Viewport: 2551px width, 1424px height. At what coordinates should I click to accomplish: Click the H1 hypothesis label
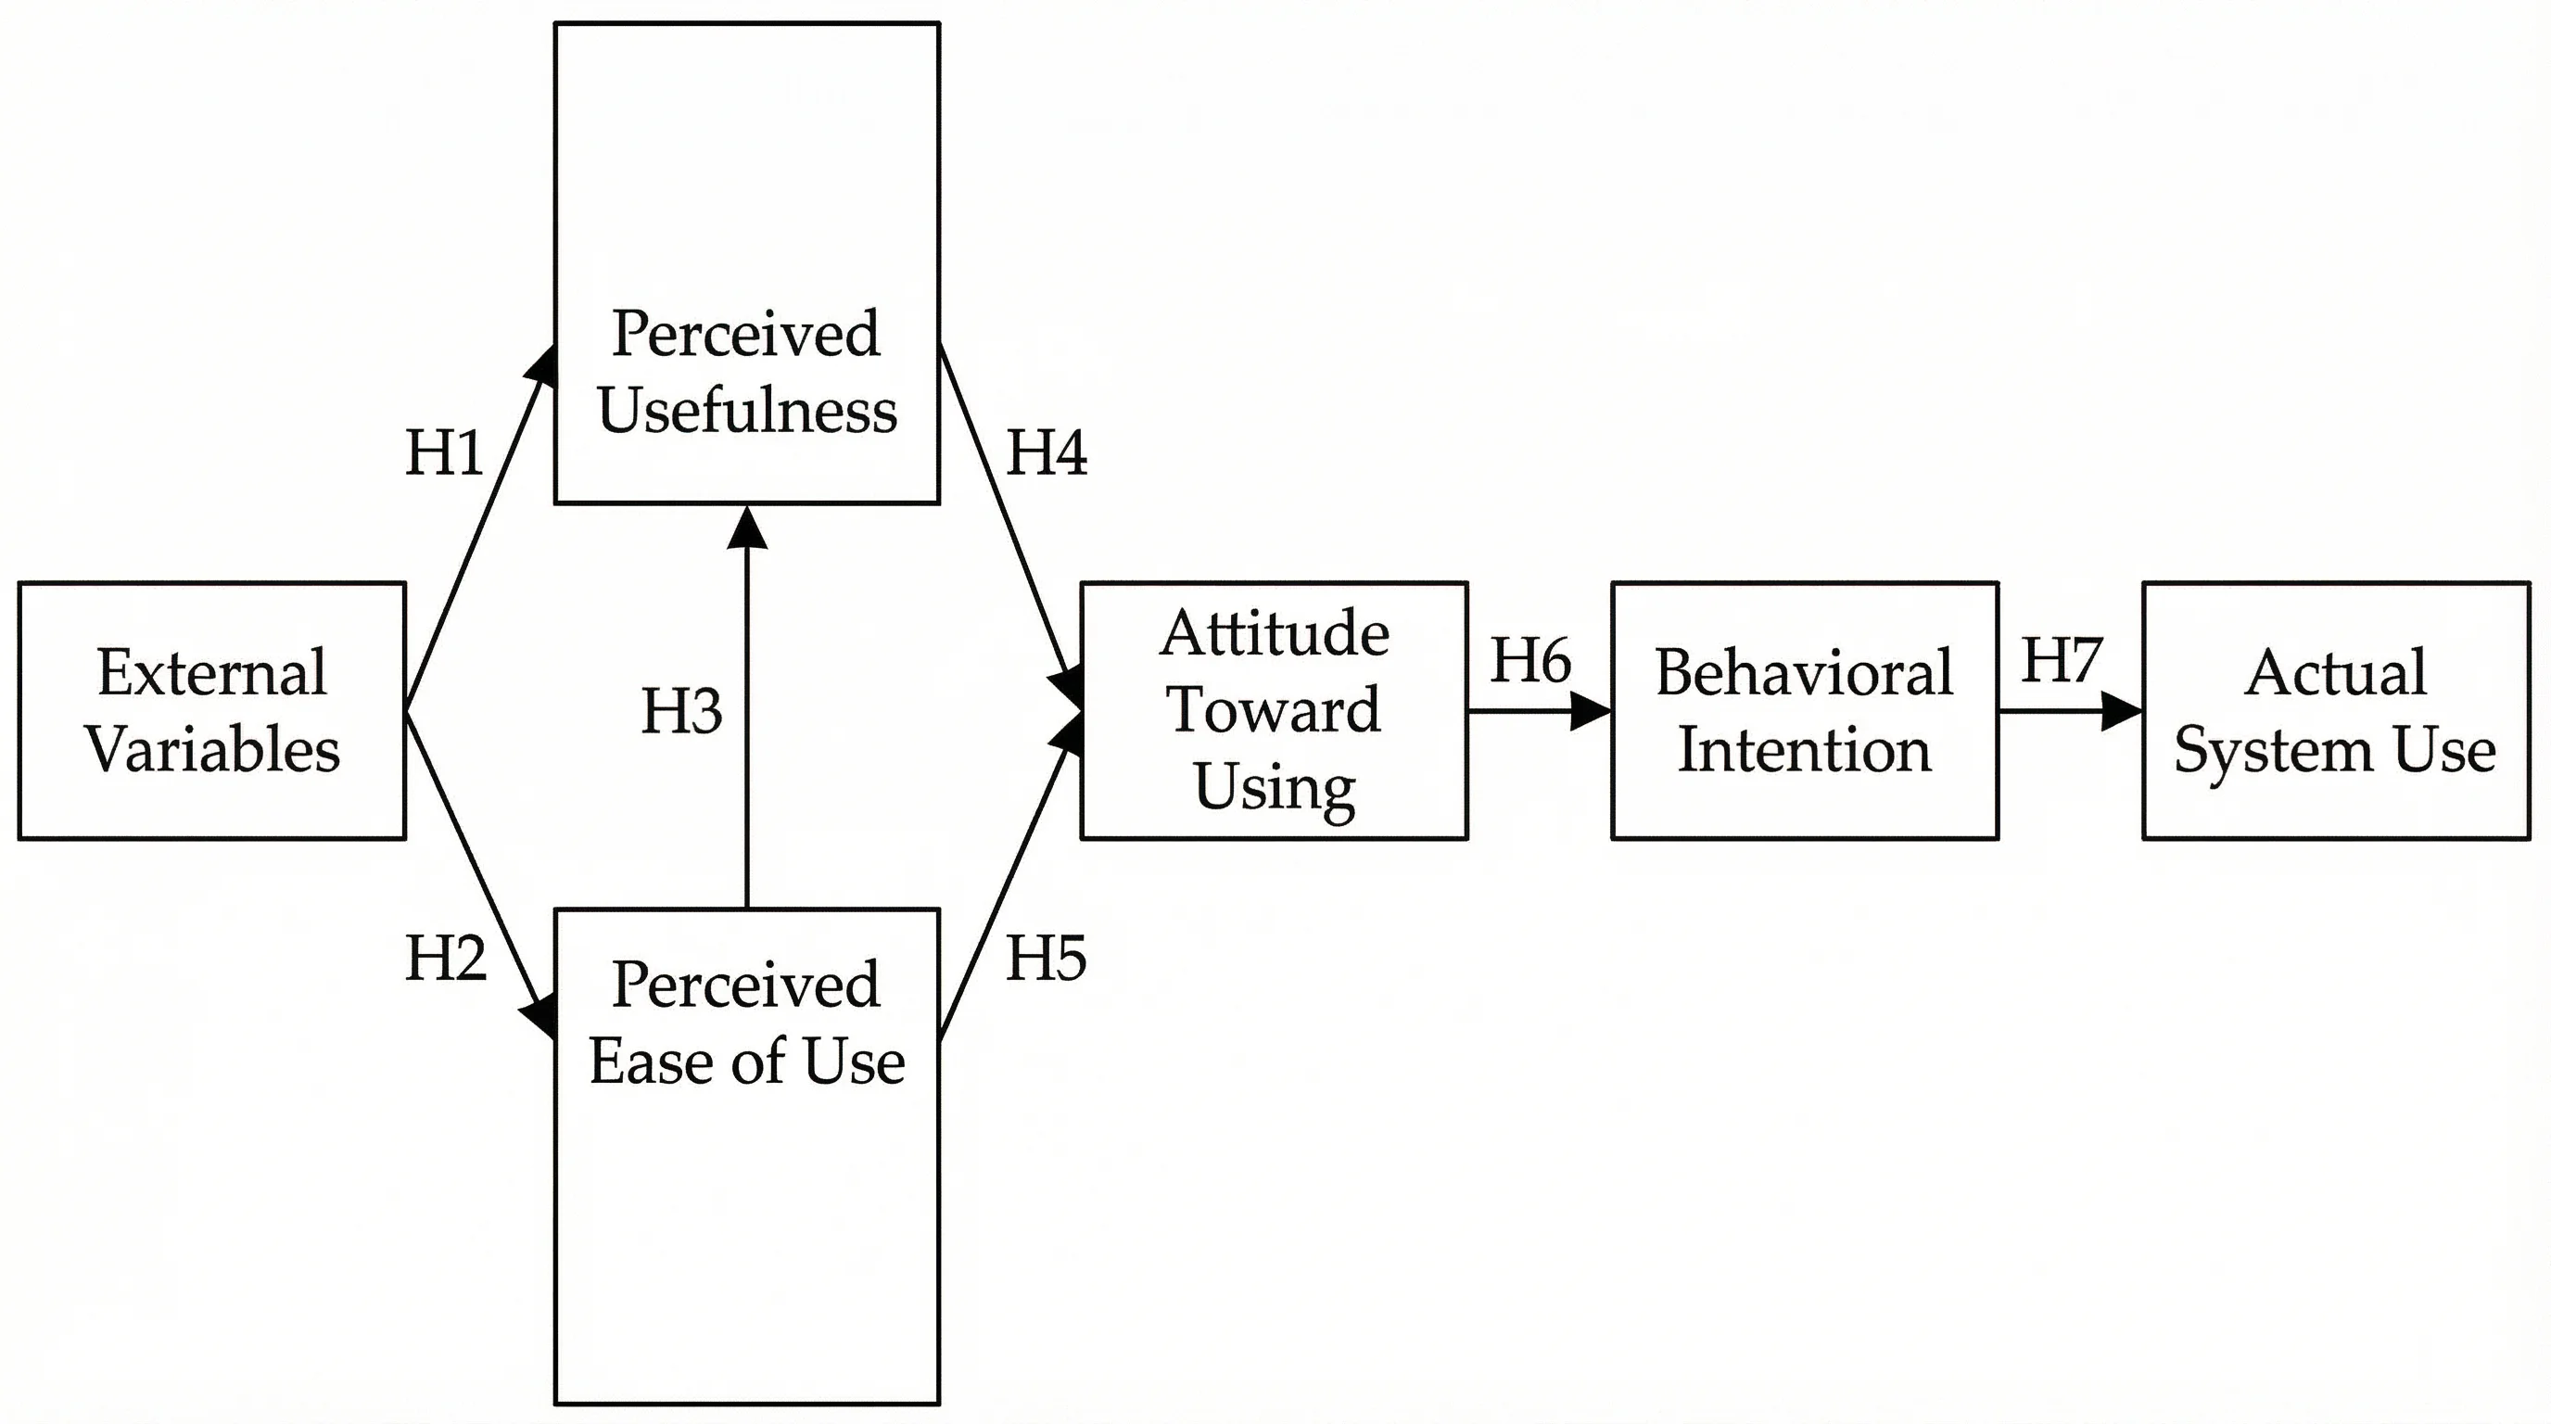tap(445, 454)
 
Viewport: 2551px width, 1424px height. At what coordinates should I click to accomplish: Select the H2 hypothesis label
tap(446, 959)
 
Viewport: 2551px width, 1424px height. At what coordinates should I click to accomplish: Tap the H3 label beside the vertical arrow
tap(681, 711)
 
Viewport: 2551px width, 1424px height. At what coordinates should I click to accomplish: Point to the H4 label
tap(1046, 454)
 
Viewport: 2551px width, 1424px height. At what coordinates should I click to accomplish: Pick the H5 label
tap(1046, 959)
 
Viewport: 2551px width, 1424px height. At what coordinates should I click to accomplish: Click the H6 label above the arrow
tap(1530, 660)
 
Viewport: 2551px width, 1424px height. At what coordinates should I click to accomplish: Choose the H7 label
tap(2061, 660)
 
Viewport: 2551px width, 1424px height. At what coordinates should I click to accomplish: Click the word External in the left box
tap(212, 673)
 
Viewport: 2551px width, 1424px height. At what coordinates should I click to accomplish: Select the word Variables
tap(212, 750)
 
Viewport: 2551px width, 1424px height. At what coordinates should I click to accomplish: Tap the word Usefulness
tap(747, 410)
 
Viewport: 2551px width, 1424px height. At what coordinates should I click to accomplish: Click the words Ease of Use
tap(747, 1062)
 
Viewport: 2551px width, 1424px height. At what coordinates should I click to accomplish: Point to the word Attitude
tap(1274, 634)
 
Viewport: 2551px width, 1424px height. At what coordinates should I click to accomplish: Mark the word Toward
tap(1274, 710)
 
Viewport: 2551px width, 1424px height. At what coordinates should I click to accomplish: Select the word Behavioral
tap(1803, 673)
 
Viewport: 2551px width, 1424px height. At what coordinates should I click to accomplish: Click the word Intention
tap(1803, 750)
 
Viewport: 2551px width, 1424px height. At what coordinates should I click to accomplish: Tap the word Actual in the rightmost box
tap(2335, 673)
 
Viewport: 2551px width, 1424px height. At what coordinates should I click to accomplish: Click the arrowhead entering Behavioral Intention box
tap(1591, 711)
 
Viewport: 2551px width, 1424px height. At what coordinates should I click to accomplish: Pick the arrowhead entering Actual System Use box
tap(2121, 711)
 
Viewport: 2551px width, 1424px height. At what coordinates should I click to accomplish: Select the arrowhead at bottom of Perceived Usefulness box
tap(747, 528)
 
